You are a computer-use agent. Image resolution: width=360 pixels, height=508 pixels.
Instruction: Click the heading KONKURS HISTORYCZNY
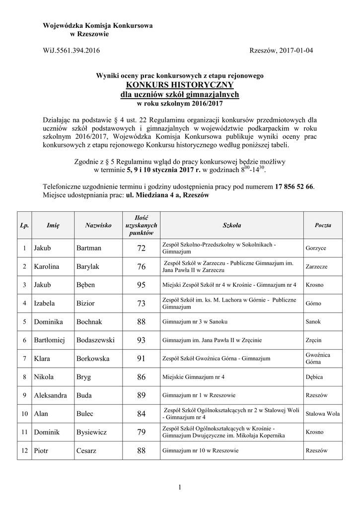pyautogui.click(x=180, y=85)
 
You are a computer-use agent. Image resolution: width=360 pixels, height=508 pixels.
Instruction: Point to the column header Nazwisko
pyautogui.click(x=98, y=225)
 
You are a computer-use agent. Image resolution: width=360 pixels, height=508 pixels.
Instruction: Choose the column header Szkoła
pyautogui.click(x=231, y=225)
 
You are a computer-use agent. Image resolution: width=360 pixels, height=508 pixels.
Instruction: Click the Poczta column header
pyautogui.click(x=323, y=225)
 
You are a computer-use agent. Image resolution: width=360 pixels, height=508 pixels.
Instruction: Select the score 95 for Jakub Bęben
pyautogui.click(x=141, y=285)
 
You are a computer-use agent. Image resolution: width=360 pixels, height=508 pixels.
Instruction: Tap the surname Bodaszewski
pyautogui.click(x=95, y=340)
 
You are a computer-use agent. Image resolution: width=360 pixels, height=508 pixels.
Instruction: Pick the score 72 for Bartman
pyautogui.click(x=141, y=248)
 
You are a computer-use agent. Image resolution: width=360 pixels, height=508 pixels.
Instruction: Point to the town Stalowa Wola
pyautogui.click(x=323, y=413)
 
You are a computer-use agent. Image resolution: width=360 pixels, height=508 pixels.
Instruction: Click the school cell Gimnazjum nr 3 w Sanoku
pyautogui.click(x=195, y=322)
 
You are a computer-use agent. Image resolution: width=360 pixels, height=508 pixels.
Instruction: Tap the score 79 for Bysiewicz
pyautogui.click(x=141, y=432)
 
